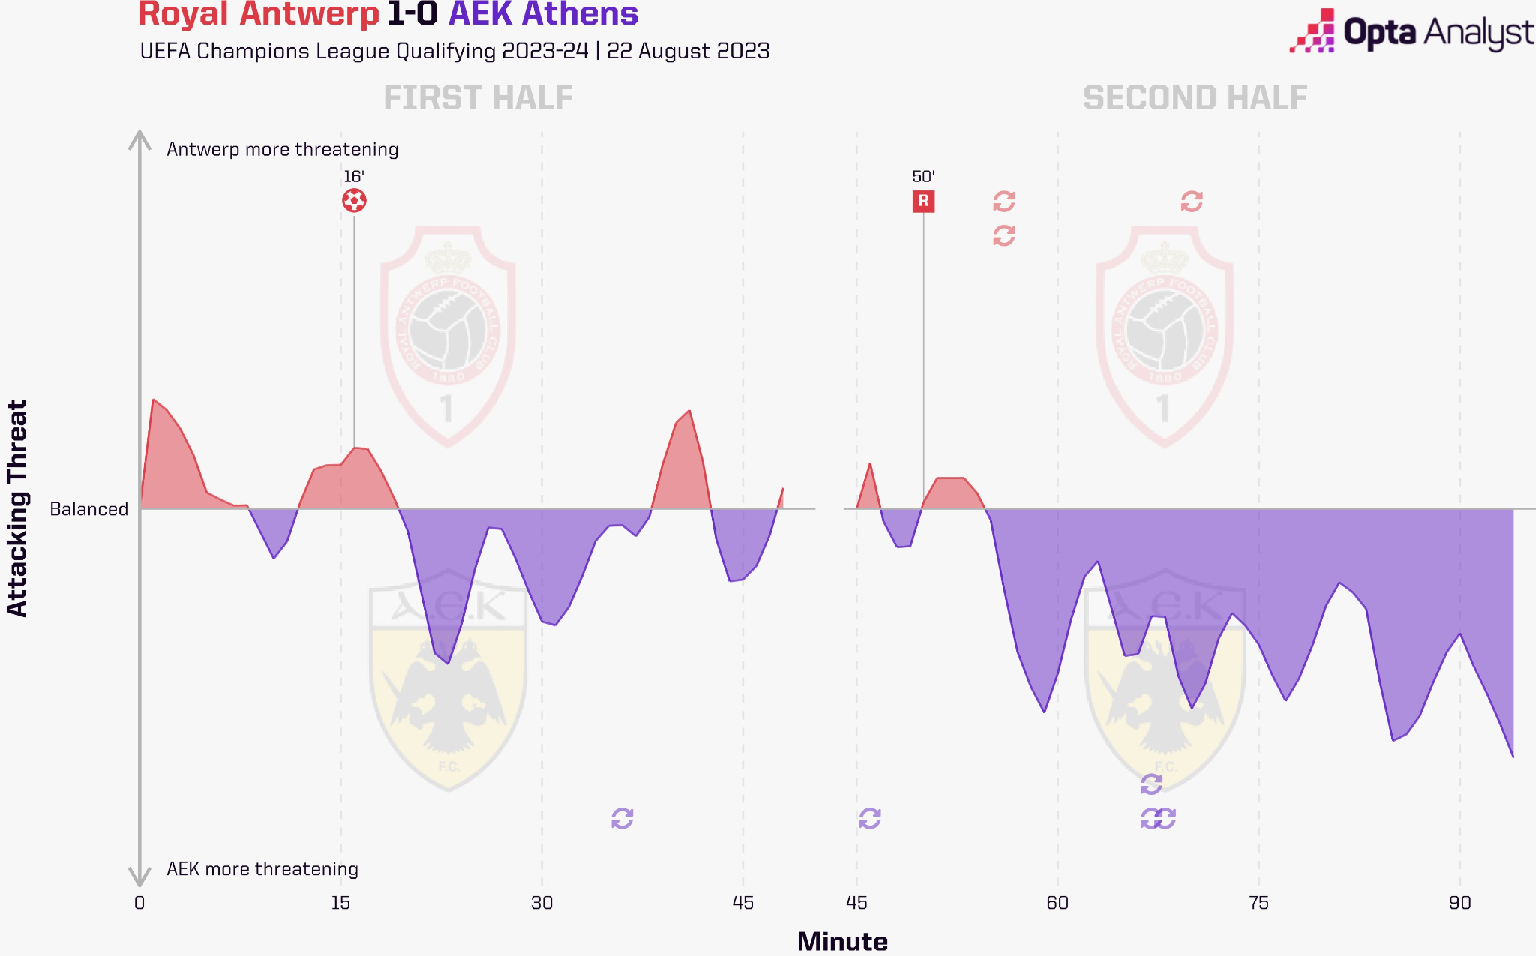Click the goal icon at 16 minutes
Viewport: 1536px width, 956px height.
pyautogui.click(x=354, y=201)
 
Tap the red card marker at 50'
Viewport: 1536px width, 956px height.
pyautogui.click(x=923, y=201)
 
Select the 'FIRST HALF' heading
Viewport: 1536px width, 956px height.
pyautogui.click(x=478, y=98)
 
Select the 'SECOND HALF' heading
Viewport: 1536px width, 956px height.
pyautogui.click(x=1195, y=98)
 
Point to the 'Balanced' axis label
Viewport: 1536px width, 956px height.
pyautogui.click(x=88, y=509)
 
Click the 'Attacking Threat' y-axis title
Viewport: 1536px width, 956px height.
pyautogui.click(x=16, y=508)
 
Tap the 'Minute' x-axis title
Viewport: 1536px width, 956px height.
pyautogui.click(x=842, y=941)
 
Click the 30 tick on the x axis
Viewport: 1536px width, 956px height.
pyautogui.click(x=541, y=903)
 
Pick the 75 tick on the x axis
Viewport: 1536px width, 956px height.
pyautogui.click(x=1258, y=903)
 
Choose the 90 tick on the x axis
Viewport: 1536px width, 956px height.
pyautogui.click(x=1459, y=903)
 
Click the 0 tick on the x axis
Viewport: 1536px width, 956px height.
pyautogui.click(x=139, y=903)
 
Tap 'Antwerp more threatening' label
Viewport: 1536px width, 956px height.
pyautogui.click(x=282, y=149)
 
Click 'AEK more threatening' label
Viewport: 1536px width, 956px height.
pyautogui.click(x=262, y=869)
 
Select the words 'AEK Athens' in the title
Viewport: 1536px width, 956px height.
pyautogui.click(x=543, y=15)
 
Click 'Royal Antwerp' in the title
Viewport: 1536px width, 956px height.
pyautogui.click(x=259, y=15)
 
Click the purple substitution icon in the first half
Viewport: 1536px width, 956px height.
pyautogui.click(x=622, y=818)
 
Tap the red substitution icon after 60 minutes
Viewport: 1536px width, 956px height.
pyautogui.click(x=1192, y=201)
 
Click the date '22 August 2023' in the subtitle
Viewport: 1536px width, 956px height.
pyautogui.click(x=688, y=51)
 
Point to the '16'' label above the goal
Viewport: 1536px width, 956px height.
pyautogui.click(x=354, y=177)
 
